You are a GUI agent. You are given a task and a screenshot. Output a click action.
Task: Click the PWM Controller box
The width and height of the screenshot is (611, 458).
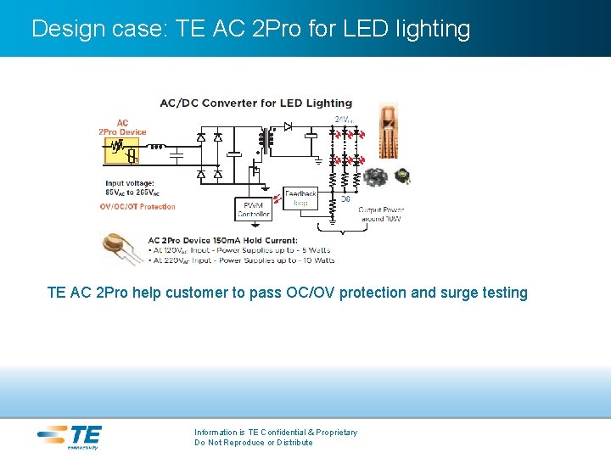click(254, 209)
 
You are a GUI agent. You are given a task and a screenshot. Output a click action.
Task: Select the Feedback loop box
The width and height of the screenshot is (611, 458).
click(300, 198)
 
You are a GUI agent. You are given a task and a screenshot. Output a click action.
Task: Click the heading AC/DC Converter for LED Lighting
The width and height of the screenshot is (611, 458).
click(255, 103)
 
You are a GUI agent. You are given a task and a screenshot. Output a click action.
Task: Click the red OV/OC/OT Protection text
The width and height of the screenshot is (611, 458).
click(137, 207)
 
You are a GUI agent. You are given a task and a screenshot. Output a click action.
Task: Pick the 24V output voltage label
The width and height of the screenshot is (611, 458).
click(344, 120)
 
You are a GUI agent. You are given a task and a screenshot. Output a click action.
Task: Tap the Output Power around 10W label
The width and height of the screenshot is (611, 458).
click(380, 214)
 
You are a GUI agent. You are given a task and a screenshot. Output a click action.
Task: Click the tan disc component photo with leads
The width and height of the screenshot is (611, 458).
click(121, 249)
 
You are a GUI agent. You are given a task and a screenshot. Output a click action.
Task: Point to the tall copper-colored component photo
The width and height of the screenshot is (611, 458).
click(387, 134)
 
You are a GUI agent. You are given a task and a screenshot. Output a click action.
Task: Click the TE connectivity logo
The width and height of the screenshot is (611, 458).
click(69, 437)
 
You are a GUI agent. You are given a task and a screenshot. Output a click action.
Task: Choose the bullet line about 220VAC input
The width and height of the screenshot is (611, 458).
click(241, 260)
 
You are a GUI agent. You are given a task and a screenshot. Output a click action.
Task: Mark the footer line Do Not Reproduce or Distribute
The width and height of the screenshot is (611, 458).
click(253, 443)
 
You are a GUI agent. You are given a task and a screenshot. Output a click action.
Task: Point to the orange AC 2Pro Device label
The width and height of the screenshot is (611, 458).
click(122, 127)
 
